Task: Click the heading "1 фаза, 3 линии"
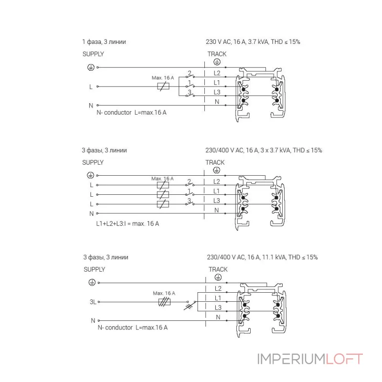(x=104, y=42)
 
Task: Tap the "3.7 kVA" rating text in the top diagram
(x=258, y=42)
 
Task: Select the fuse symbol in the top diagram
(x=163, y=86)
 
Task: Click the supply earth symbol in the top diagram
(x=91, y=67)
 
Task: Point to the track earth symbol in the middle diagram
(x=217, y=170)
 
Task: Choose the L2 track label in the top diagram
(x=217, y=73)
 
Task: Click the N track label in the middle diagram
(x=217, y=210)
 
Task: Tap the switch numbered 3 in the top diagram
(x=190, y=94)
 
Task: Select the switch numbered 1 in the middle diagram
(x=190, y=192)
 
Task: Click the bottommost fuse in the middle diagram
(x=163, y=204)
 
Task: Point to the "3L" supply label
(x=93, y=302)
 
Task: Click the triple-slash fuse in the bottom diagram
(x=164, y=302)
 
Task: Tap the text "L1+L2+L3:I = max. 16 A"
(x=127, y=223)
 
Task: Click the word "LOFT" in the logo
(x=344, y=359)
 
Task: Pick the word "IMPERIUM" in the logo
(x=291, y=359)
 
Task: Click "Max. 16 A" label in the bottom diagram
(x=164, y=293)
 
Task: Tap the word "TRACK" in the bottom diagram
(x=218, y=269)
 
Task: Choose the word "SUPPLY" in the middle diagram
(x=93, y=162)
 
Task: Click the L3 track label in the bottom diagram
(x=218, y=308)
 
